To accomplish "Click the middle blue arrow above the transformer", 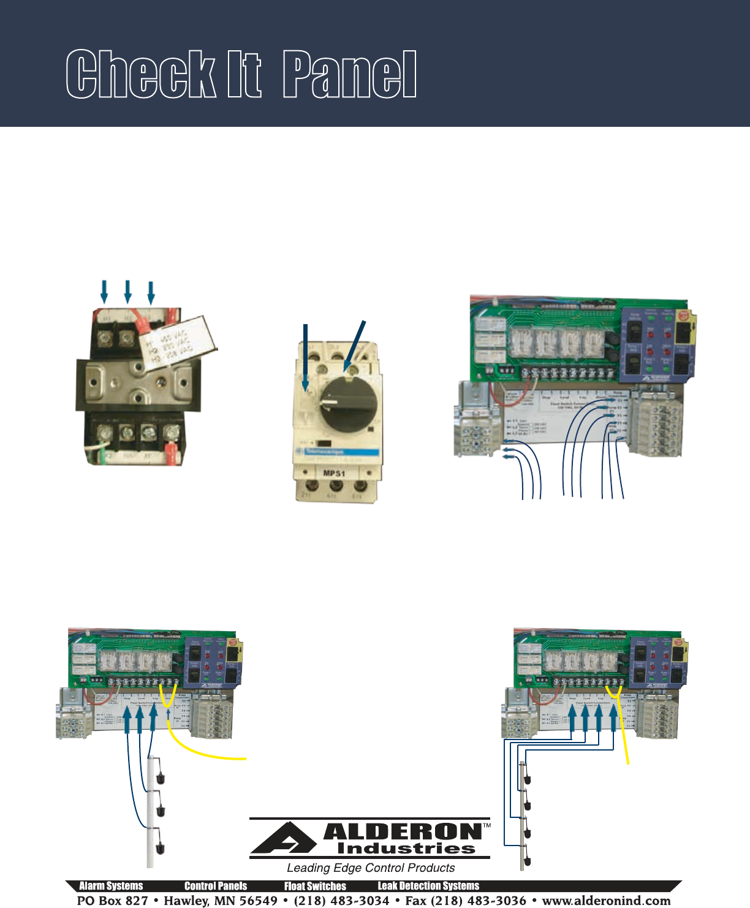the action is (x=127, y=292).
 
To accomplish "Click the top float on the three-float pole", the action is (x=161, y=778).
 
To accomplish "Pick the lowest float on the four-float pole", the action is (x=527, y=861).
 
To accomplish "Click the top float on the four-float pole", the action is (x=527, y=781).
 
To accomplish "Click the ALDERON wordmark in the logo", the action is (x=402, y=831).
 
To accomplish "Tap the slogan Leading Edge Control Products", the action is (x=371, y=868).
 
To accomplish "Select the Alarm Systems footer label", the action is (x=111, y=886).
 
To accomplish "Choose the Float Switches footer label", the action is (x=315, y=886).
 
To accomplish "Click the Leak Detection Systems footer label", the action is (x=428, y=886).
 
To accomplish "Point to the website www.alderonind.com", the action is (x=606, y=901).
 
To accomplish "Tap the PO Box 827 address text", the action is (x=112, y=901).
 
